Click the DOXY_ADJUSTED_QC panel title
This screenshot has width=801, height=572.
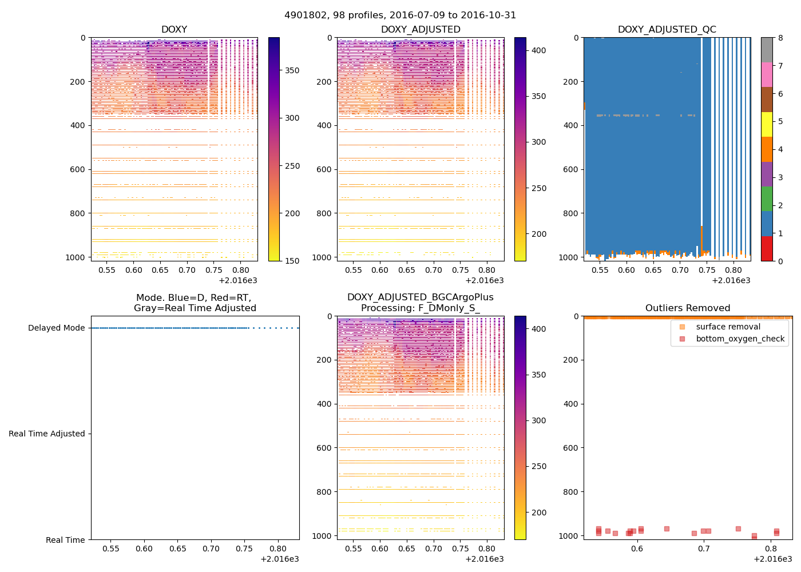[667, 30]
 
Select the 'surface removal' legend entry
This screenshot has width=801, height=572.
[728, 327]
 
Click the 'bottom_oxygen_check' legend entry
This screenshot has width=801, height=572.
[740, 339]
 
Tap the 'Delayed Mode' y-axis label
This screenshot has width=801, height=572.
[56, 328]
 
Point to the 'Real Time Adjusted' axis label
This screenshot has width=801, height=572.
[47, 434]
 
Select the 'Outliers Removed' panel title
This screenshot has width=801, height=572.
[688, 308]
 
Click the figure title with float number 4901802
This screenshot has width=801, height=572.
[400, 15]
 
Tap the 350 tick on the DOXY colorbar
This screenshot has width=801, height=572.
[292, 70]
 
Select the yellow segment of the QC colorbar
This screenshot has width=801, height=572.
[767, 125]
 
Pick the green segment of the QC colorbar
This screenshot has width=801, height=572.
[767, 199]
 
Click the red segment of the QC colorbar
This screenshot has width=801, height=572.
[767, 249]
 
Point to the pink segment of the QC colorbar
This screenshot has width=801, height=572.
[767, 75]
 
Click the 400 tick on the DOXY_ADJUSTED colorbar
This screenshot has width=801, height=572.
[538, 50]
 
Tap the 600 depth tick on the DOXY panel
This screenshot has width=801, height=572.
[78, 169]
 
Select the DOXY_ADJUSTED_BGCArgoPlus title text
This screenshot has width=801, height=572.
[421, 297]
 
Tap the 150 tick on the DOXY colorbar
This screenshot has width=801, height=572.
[292, 261]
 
